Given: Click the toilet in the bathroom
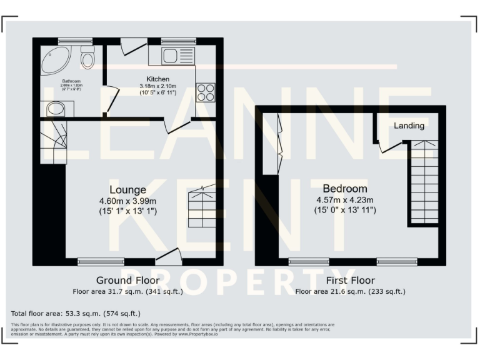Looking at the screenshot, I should (x=87, y=57).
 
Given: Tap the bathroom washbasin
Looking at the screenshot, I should (x=56, y=109).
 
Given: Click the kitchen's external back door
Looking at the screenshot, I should (x=132, y=46).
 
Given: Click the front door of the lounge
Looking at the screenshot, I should (x=169, y=256).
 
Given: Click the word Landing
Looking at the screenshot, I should (x=409, y=126).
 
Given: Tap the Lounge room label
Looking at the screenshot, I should (x=127, y=189).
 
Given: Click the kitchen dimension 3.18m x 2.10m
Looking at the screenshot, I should (x=157, y=86).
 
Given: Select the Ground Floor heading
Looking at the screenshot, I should (x=127, y=280).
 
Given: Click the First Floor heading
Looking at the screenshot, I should (x=350, y=280).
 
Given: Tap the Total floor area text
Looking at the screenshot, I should (x=76, y=313).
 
